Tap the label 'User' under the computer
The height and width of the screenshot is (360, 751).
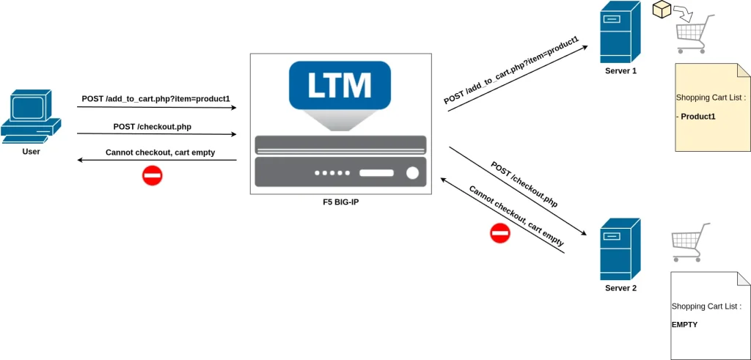tap(31, 152)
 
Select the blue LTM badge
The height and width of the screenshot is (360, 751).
tap(340, 85)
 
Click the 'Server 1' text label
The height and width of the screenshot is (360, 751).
tap(620, 71)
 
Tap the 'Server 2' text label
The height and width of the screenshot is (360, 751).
tap(620, 288)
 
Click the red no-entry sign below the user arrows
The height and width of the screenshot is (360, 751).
tap(152, 175)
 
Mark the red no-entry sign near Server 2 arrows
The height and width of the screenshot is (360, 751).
tap(499, 233)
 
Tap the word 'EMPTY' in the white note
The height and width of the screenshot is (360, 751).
tap(685, 323)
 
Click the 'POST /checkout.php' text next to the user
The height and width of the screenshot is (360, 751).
tap(153, 126)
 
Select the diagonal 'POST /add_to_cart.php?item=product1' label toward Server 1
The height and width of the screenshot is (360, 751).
tap(511, 70)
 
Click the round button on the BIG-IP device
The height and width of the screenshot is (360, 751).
tap(412, 173)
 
